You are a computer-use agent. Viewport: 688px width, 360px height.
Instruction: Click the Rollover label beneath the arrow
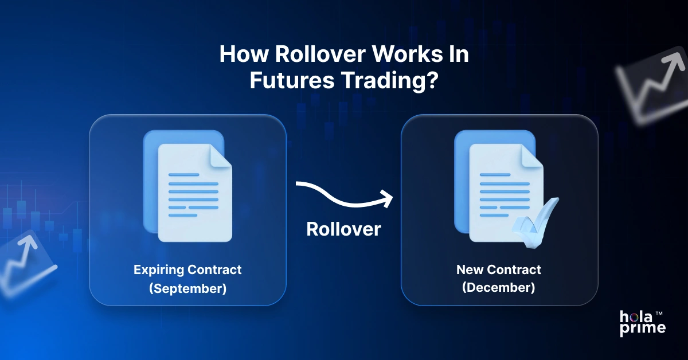[343, 229]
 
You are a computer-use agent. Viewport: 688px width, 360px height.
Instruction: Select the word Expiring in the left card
[158, 269]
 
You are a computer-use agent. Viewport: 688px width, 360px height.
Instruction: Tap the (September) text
[187, 288]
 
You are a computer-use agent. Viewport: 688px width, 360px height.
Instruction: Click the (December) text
[499, 288]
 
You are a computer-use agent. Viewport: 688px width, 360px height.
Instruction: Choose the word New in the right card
[469, 269]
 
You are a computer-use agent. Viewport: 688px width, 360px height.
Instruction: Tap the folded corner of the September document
[221, 156]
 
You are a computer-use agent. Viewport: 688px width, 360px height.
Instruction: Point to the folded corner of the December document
[533, 156]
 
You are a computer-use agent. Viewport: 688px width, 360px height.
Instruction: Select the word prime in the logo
[643, 328]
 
